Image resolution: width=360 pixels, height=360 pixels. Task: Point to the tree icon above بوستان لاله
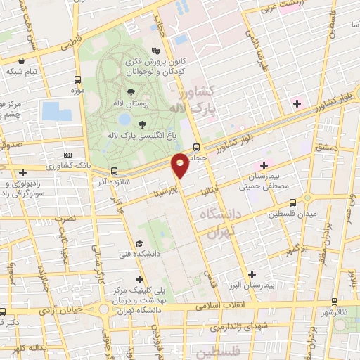pos(131,91)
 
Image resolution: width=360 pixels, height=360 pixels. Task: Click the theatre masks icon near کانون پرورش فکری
pos(155,51)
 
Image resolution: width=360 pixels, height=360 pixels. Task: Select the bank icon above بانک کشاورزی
pos(67,155)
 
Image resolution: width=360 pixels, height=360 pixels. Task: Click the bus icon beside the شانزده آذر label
pos(113,170)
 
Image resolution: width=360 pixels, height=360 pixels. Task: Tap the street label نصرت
pos(64,219)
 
